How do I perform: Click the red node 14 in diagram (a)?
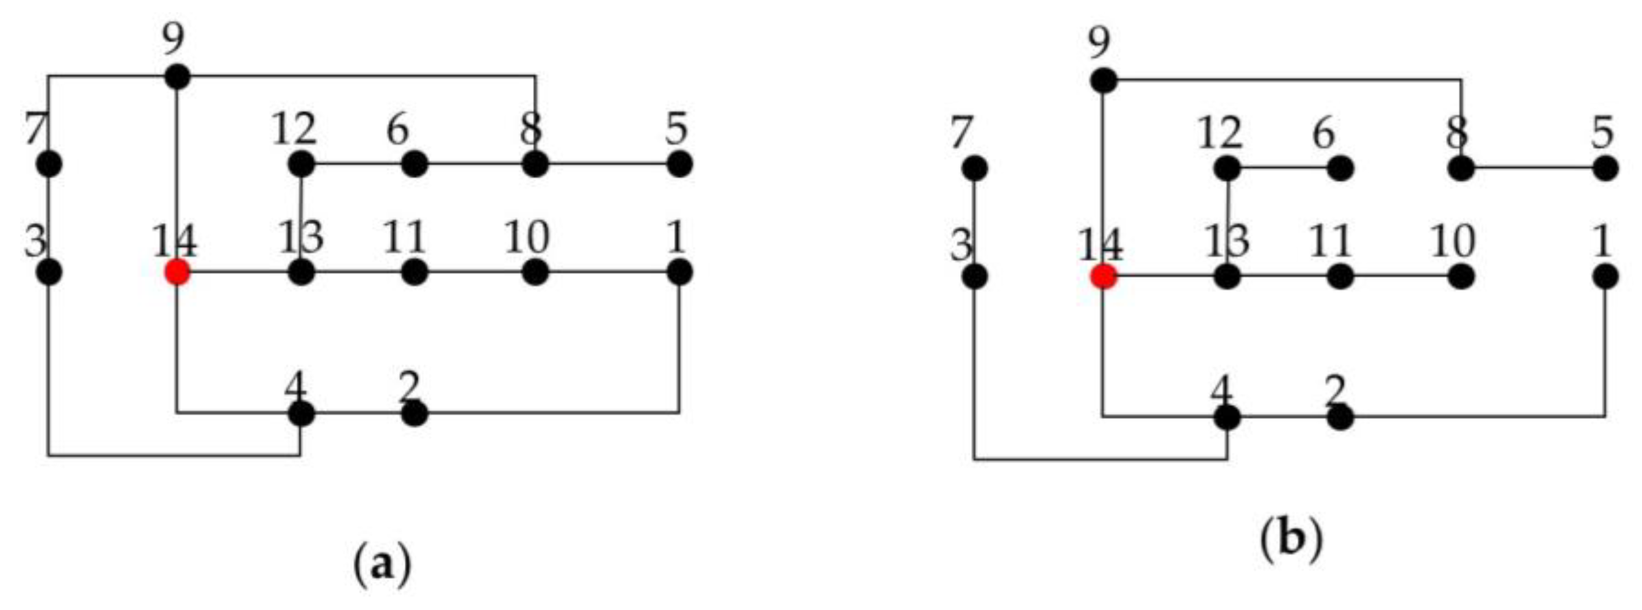tap(176, 272)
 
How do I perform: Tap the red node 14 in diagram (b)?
tap(1103, 277)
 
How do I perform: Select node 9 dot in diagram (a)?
tap(177, 77)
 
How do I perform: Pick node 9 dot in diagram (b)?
tap(1104, 81)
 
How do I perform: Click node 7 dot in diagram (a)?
tap(49, 164)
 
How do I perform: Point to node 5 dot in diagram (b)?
tap(1605, 169)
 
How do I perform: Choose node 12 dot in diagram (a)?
tap(301, 164)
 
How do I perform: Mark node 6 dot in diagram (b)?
tap(1340, 169)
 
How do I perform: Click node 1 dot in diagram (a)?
tap(679, 272)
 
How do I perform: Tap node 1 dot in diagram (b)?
tap(1605, 277)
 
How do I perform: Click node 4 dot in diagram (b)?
tap(1227, 418)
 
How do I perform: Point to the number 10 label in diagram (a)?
tap(527, 238)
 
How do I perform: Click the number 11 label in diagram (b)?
tap(1330, 242)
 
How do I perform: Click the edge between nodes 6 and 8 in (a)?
tap(475, 164)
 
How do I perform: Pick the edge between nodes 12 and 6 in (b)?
tap(1284, 169)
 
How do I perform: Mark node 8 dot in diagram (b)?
tap(1461, 169)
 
